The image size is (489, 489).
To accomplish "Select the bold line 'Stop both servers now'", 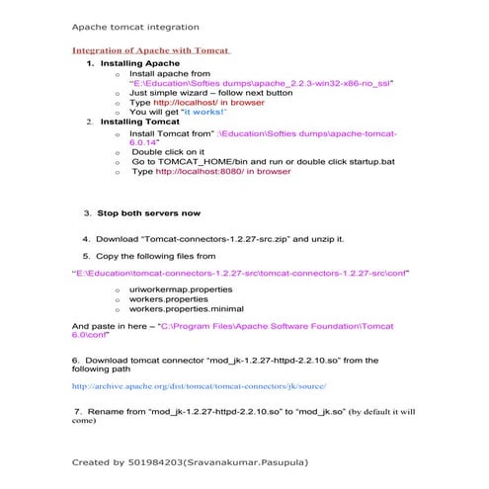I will coord(148,212).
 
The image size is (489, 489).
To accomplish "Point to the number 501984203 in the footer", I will coord(149,461).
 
